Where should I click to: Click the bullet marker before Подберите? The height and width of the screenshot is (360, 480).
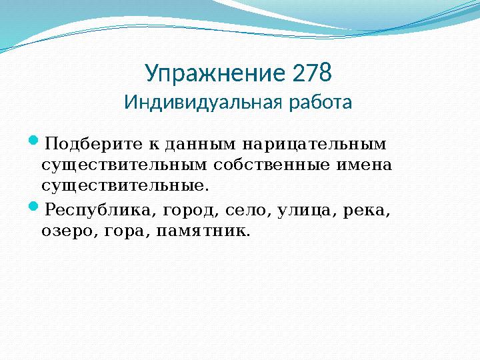[x=35, y=142]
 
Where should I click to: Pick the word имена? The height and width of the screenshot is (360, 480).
[x=369, y=164]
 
